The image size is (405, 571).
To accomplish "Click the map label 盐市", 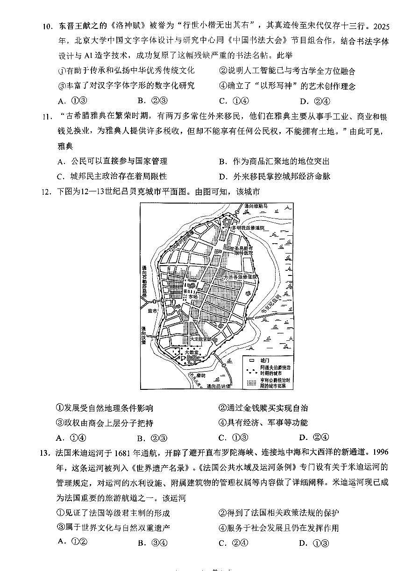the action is [x=152, y=310].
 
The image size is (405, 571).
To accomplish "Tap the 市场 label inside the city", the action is [x=199, y=296].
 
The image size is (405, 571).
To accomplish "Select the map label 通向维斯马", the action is [x=257, y=206].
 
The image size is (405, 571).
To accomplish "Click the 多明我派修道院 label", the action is [x=251, y=227].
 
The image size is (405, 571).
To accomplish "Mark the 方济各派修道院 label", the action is [x=241, y=277].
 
